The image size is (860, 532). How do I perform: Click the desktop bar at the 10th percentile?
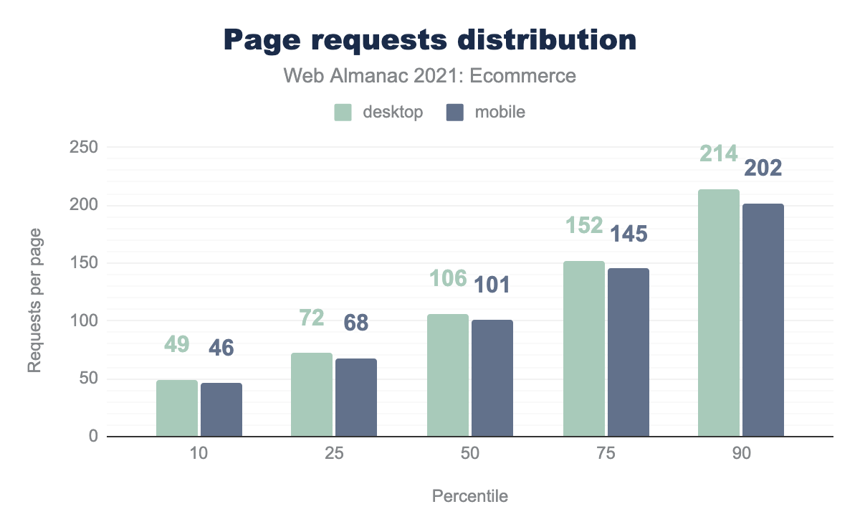click(x=177, y=408)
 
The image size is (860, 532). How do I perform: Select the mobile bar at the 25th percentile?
click(x=356, y=397)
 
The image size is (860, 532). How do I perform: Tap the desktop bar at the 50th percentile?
click(x=448, y=375)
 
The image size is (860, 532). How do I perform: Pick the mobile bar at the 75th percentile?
click(x=629, y=352)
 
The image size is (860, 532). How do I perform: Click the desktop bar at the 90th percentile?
click(x=719, y=313)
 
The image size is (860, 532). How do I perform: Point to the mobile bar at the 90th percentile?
click(x=763, y=320)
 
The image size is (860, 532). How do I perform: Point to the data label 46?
click(x=221, y=348)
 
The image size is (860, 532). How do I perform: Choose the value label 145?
click(x=629, y=234)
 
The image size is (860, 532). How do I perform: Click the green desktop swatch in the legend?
click(x=343, y=113)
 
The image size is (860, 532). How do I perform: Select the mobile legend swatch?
click(x=455, y=113)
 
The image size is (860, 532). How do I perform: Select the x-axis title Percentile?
click(x=470, y=496)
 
